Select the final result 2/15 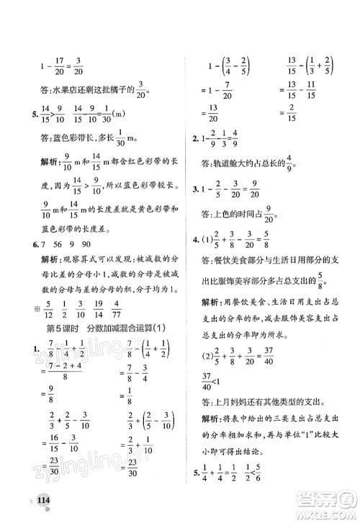[x=293, y=109]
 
